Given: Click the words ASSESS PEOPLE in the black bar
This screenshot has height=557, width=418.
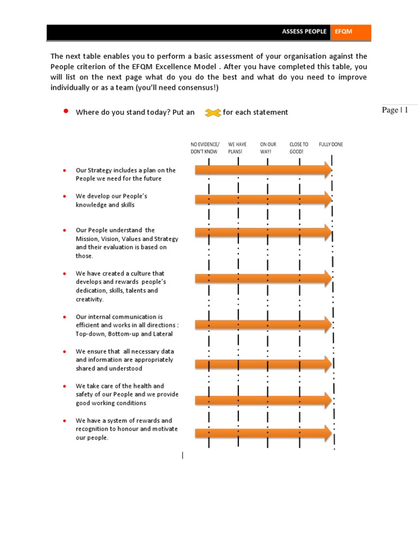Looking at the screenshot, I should (x=304, y=32).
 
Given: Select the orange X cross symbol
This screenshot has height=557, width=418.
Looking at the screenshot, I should (x=213, y=113).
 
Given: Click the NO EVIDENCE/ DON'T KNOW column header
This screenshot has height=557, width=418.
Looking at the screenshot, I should (x=205, y=148).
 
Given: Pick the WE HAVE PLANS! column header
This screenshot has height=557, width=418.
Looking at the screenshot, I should (x=237, y=148).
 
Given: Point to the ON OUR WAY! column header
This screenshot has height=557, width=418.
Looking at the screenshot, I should (x=268, y=148).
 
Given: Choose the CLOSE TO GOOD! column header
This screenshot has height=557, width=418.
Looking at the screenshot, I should (x=299, y=148).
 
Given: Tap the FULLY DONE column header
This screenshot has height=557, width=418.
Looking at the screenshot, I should (x=331, y=145).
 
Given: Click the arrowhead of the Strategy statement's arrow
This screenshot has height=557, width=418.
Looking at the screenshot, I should (x=327, y=170).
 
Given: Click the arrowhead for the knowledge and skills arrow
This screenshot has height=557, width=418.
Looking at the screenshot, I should (x=327, y=200).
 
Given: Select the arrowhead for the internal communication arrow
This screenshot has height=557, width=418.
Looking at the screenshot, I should (x=327, y=325).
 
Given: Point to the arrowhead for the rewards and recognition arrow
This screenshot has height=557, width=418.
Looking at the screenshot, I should (x=327, y=434).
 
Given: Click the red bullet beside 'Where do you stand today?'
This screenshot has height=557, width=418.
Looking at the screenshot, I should (x=65, y=111).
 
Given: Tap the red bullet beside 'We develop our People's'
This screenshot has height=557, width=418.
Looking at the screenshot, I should (x=64, y=196).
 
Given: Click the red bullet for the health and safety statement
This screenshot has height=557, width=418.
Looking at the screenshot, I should (x=64, y=386).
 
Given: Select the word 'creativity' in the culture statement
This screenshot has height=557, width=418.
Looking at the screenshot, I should (x=89, y=299).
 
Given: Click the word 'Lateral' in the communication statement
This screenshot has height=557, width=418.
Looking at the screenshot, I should (x=161, y=333).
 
